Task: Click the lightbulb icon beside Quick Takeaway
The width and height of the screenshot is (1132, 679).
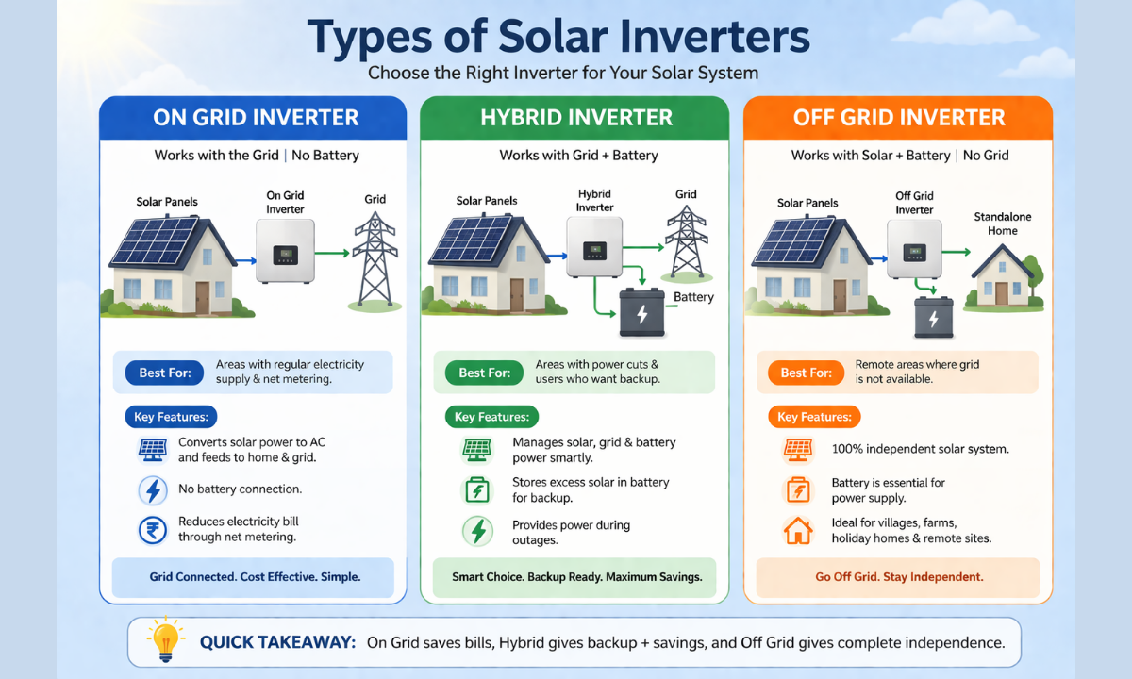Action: click(x=165, y=640)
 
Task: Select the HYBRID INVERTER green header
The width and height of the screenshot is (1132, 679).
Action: click(x=575, y=118)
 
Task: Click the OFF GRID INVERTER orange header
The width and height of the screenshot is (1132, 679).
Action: click(x=898, y=118)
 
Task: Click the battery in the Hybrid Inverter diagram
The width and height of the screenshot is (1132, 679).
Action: click(x=642, y=313)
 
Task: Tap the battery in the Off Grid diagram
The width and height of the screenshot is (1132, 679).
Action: click(x=933, y=318)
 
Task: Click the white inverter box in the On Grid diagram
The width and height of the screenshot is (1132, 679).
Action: click(x=285, y=252)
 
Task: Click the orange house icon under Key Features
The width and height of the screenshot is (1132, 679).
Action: click(x=798, y=531)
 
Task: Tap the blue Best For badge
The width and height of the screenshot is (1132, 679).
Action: click(x=164, y=373)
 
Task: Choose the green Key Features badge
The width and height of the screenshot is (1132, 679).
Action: click(x=491, y=417)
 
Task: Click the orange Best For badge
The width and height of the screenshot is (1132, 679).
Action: click(x=807, y=373)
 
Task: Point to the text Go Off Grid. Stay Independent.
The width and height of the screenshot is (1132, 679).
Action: click(x=899, y=576)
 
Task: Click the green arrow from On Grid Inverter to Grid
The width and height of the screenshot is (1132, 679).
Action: click(x=333, y=253)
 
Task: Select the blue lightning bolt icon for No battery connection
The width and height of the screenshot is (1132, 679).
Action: click(x=152, y=490)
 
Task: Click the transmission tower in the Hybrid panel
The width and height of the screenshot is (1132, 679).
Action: click(x=686, y=242)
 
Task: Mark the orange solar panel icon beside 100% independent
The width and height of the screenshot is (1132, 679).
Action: click(x=798, y=449)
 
